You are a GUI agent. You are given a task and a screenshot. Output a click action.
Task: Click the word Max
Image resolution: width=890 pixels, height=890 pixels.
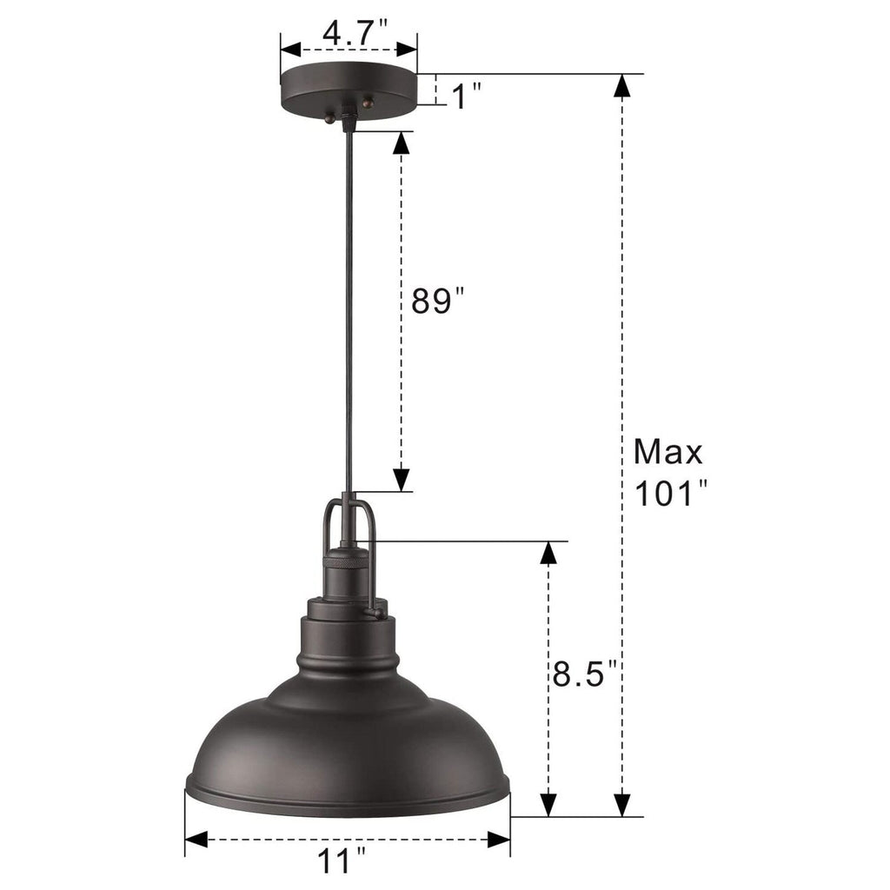[x=667, y=452]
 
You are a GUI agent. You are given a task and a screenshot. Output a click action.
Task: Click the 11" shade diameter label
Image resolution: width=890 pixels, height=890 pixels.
[x=342, y=863]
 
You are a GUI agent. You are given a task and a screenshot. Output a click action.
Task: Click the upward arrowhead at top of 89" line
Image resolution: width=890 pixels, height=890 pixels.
[x=401, y=143]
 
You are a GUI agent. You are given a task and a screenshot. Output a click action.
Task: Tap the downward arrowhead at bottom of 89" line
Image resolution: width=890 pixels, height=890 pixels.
[x=401, y=481]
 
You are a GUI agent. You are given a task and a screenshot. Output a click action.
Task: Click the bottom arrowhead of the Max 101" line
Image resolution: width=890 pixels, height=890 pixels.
[x=621, y=805]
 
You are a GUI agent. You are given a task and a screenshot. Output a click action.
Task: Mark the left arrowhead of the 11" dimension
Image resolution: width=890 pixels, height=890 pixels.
[x=196, y=840]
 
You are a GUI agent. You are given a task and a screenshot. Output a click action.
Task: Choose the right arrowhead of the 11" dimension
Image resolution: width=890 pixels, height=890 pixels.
[x=499, y=840]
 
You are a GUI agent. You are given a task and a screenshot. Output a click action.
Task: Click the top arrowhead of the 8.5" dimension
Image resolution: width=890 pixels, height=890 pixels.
[x=549, y=552]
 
